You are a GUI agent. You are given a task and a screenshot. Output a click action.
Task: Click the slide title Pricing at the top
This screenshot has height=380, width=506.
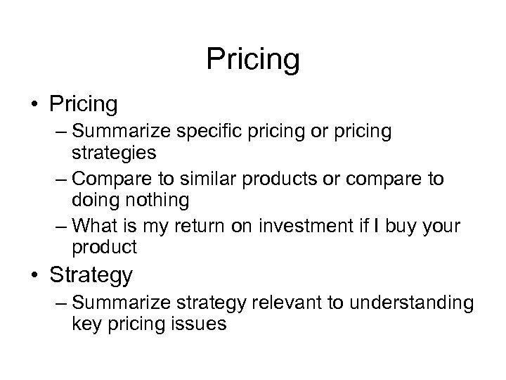(x=253, y=59)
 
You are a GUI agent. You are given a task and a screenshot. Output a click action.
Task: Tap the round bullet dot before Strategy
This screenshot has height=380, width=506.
(x=31, y=276)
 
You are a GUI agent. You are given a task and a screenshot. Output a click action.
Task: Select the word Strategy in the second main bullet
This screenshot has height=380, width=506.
(x=91, y=275)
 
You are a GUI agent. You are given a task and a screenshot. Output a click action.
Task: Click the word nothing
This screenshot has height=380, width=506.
(x=157, y=200)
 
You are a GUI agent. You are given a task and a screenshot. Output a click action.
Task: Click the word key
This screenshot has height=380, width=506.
(x=84, y=323)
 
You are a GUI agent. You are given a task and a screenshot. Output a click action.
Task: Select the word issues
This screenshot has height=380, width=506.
(x=202, y=323)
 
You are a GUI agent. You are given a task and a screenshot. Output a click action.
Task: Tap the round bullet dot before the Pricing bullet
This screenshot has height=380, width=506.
(x=31, y=105)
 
